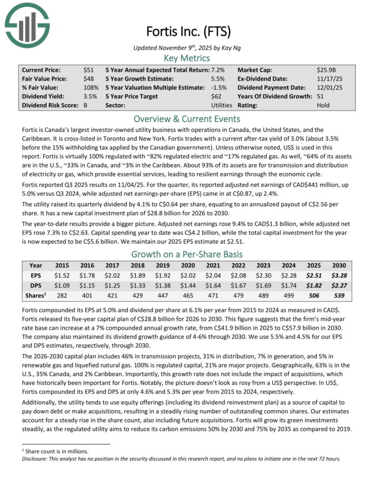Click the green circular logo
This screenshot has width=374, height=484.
pyautogui.click(x=27, y=25)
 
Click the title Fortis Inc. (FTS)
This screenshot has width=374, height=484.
pyautogui.click(x=187, y=31)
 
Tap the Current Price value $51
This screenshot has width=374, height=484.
pyautogui.click(x=88, y=70)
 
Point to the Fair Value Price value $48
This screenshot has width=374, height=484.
pyautogui.click(x=88, y=78)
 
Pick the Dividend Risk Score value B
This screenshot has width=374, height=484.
pyautogui.click(x=85, y=105)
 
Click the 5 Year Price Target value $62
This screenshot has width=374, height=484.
pyautogui.click(x=216, y=96)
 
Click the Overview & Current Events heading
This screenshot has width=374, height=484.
pyautogui.click(x=187, y=118)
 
